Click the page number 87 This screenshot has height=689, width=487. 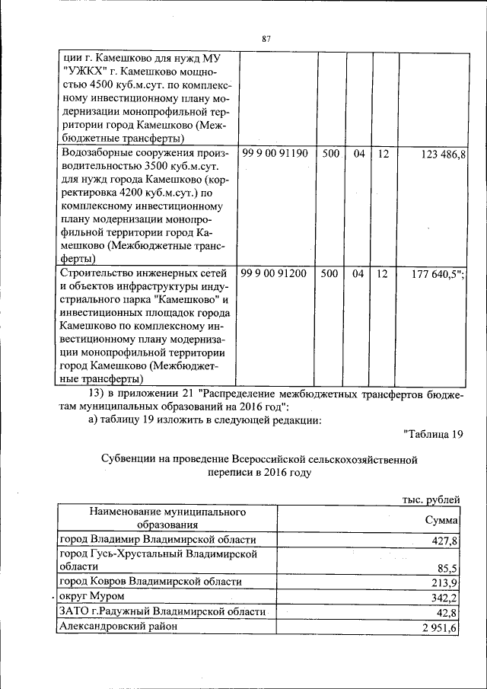coord(266,39)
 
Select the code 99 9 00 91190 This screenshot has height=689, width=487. coord(275,154)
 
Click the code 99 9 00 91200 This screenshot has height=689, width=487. coord(275,273)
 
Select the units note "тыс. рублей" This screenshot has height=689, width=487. coord(431,499)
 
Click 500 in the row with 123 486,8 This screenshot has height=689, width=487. coord(329,154)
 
